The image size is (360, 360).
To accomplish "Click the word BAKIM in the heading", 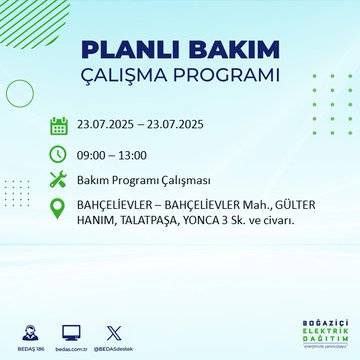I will [x=230, y=51].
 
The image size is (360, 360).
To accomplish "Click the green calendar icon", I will [x=59, y=126].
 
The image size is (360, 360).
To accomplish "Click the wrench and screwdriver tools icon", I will [x=59, y=180].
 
